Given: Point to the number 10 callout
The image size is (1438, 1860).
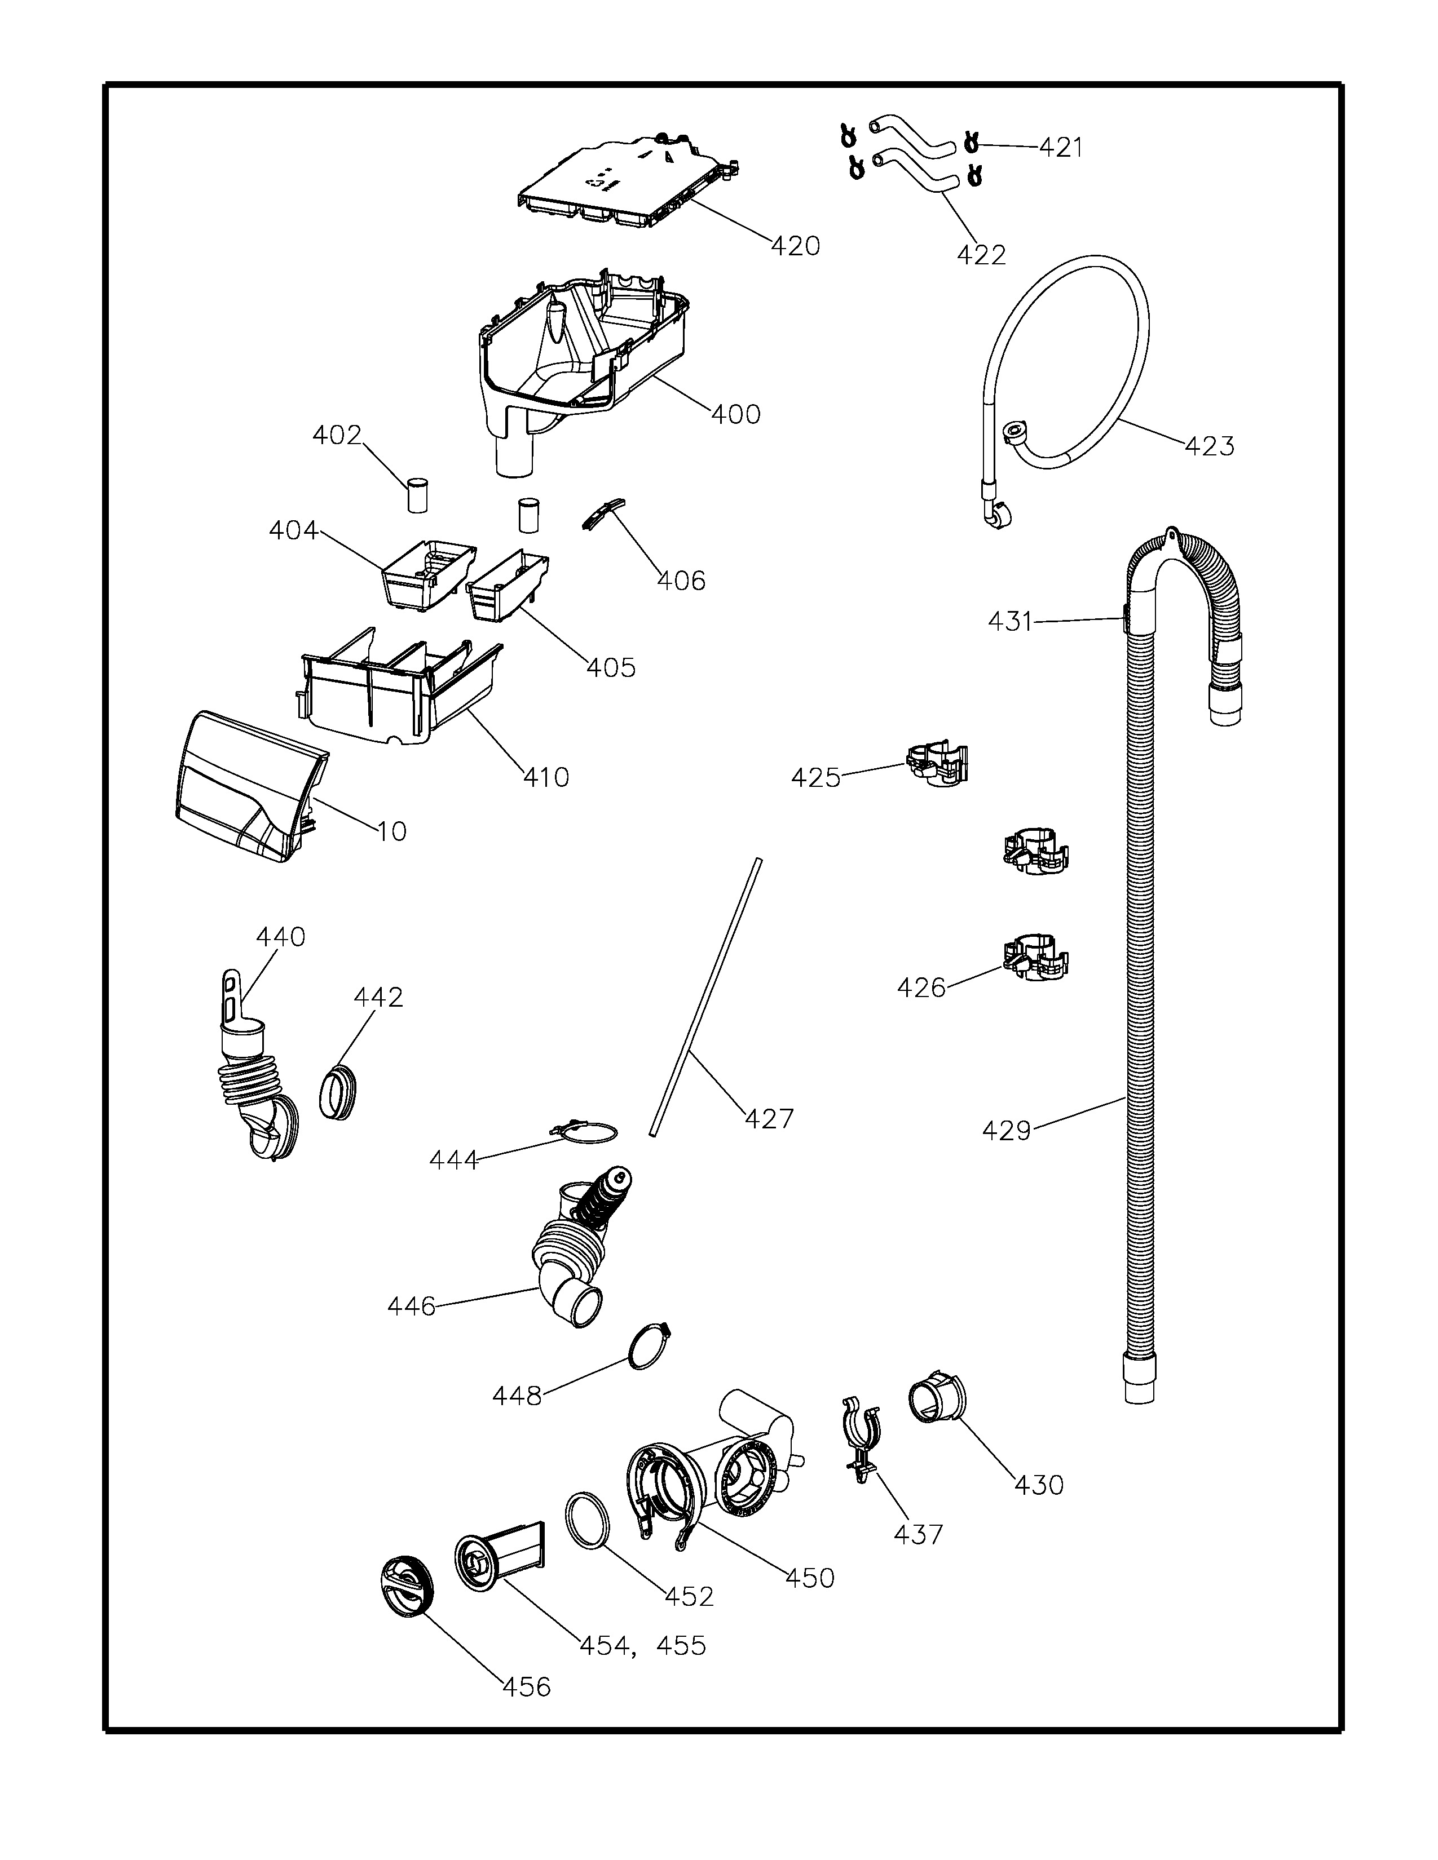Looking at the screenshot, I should point(392,831).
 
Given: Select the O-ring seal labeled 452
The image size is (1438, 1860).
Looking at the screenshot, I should point(588,1518).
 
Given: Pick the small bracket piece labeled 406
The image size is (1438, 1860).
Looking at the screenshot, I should point(602,513).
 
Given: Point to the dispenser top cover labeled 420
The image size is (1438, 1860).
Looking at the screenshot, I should point(626,183).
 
